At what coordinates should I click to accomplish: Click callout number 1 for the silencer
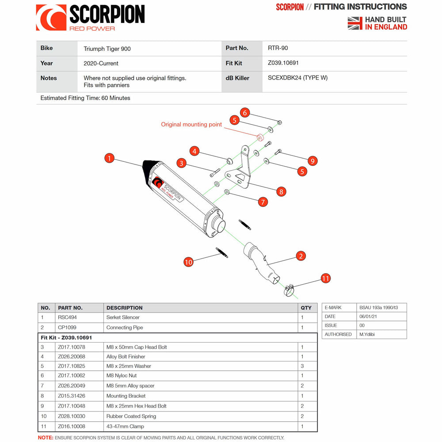pos(110,158)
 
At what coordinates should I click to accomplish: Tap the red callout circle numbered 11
pos(325,278)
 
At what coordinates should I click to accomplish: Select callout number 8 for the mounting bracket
pos(281,191)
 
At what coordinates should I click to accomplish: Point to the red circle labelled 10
pos(188,262)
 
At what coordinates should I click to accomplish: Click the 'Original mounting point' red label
pos(191,125)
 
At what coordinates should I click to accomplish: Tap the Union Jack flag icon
pos(355,23)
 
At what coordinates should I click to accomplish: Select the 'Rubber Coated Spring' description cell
pos(131,416)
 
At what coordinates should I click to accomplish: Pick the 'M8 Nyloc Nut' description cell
pos(122,376)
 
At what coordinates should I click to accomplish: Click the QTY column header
pos(306,308)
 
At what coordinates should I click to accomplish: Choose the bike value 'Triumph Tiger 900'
pos(107,49)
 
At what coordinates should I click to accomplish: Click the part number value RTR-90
pos(278,48)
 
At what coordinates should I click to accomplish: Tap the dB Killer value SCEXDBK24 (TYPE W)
pos(297,78)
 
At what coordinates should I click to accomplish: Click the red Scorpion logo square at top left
pos(51,18)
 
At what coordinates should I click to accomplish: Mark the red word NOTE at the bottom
pos(46,438)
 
